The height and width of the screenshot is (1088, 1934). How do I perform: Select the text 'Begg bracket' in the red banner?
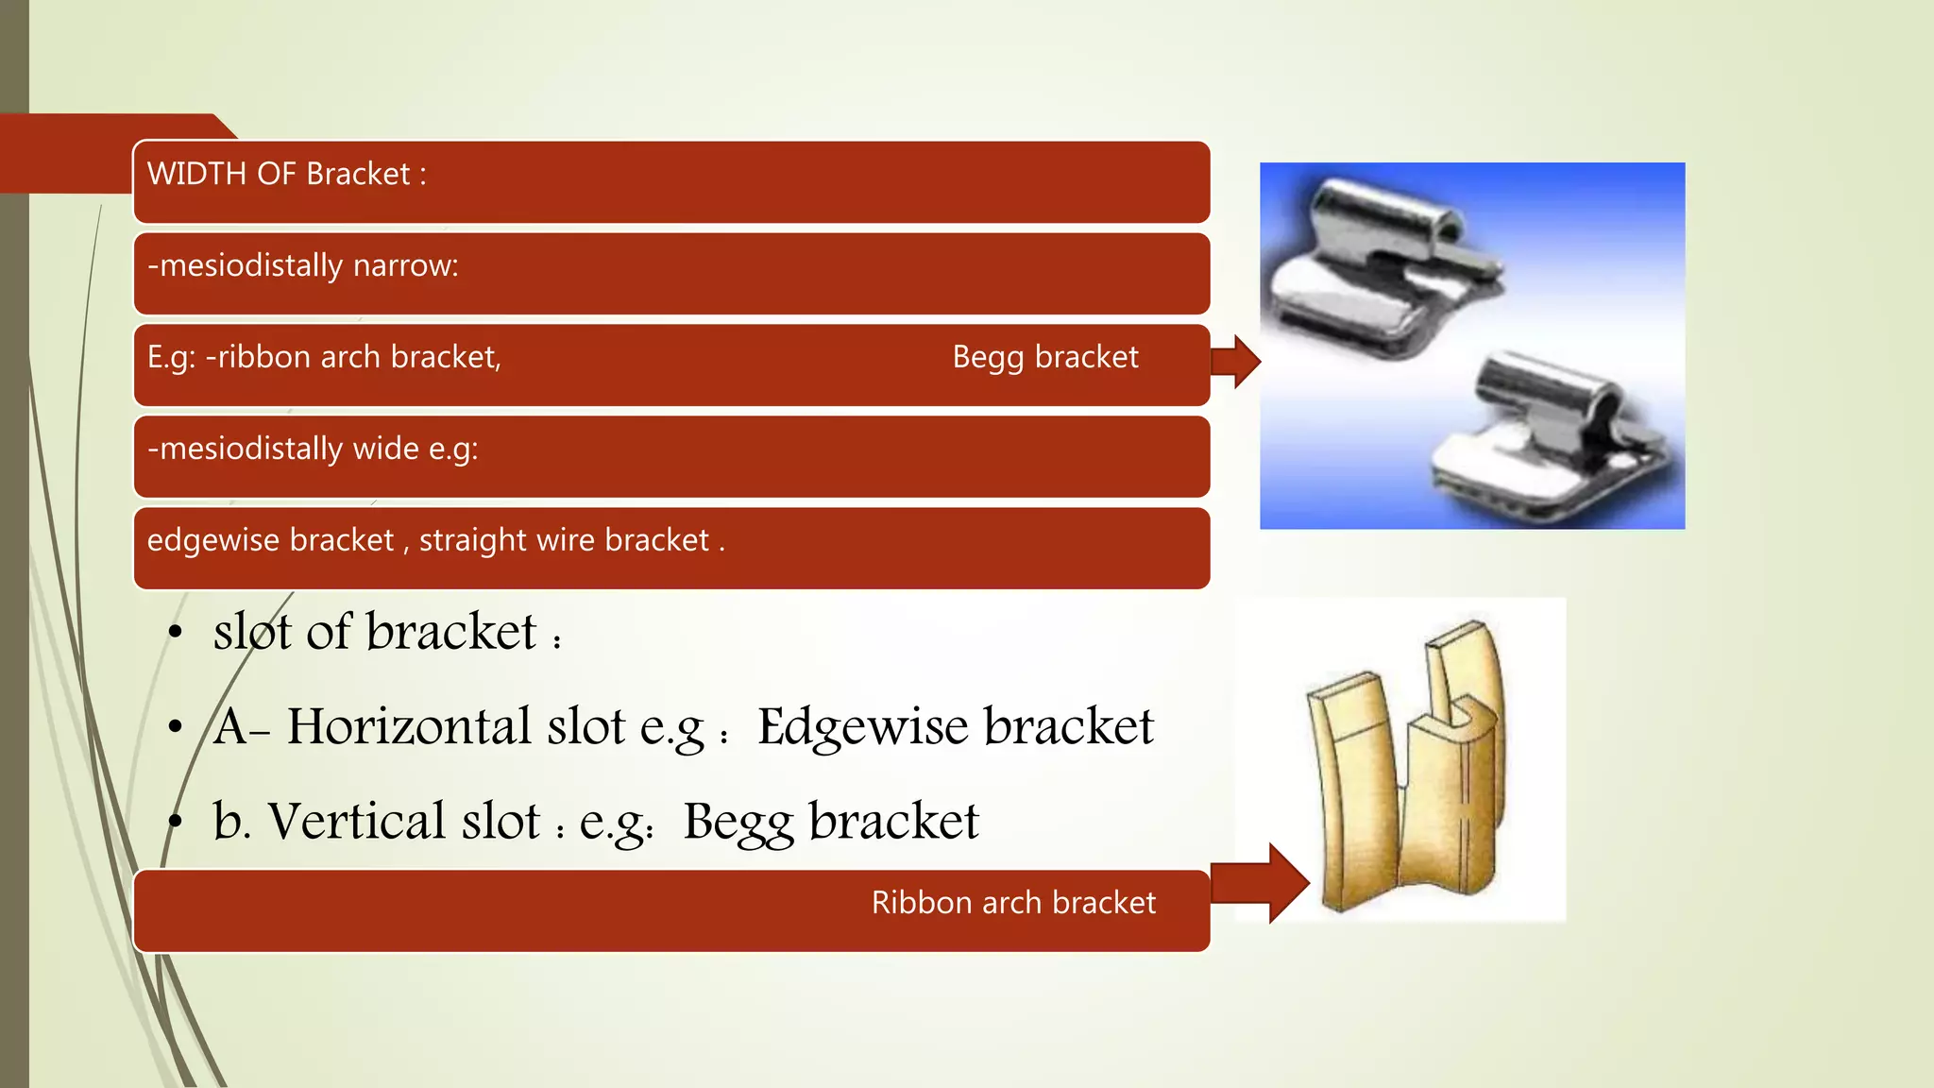1044,358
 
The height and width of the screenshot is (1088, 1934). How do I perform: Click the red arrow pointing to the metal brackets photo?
1235,361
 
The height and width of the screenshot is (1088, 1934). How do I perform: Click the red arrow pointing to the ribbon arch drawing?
1261,883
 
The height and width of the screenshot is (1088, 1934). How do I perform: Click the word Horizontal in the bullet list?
409,726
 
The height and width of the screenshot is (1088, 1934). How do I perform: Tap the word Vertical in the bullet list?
356,821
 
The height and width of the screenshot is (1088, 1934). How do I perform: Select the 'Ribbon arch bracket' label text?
1012,903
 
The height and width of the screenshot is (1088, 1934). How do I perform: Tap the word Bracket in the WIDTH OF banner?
358,175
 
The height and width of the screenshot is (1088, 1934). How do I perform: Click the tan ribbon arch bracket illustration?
1407,765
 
